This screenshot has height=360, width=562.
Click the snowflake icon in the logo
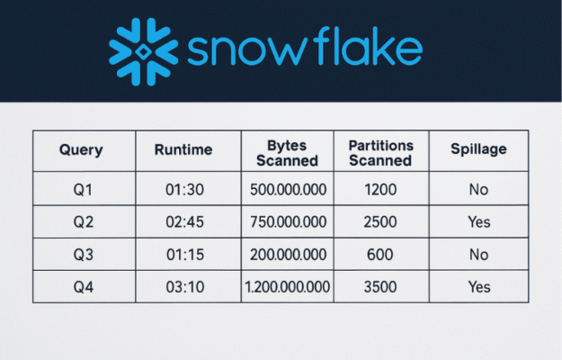point(143,51)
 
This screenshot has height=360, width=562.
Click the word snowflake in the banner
point(305,46)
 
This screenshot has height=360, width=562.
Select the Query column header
point(81,150)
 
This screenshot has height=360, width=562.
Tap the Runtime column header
point(183,149)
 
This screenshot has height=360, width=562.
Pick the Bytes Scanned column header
point(287,153)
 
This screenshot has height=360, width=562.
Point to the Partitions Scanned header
point(380,153)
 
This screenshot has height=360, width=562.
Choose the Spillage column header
point(478,149)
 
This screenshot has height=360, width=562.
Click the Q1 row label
point(83,189)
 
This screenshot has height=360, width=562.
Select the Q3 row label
point(83,255)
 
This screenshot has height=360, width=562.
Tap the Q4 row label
point(83,287)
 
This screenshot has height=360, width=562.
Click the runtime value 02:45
point(184,222)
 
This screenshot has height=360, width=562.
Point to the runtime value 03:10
point(185,287)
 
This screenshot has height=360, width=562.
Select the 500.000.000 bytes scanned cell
point(288,189)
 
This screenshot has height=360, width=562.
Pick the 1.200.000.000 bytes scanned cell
point(287,287)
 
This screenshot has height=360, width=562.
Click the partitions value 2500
point(380,222)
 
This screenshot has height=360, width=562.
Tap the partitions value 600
point(380,255)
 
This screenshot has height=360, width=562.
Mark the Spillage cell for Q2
point(479,222)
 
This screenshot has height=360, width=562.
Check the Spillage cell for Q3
point(479,255)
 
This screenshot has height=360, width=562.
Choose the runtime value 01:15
point(185,255)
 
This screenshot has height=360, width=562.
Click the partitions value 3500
point(380,287)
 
